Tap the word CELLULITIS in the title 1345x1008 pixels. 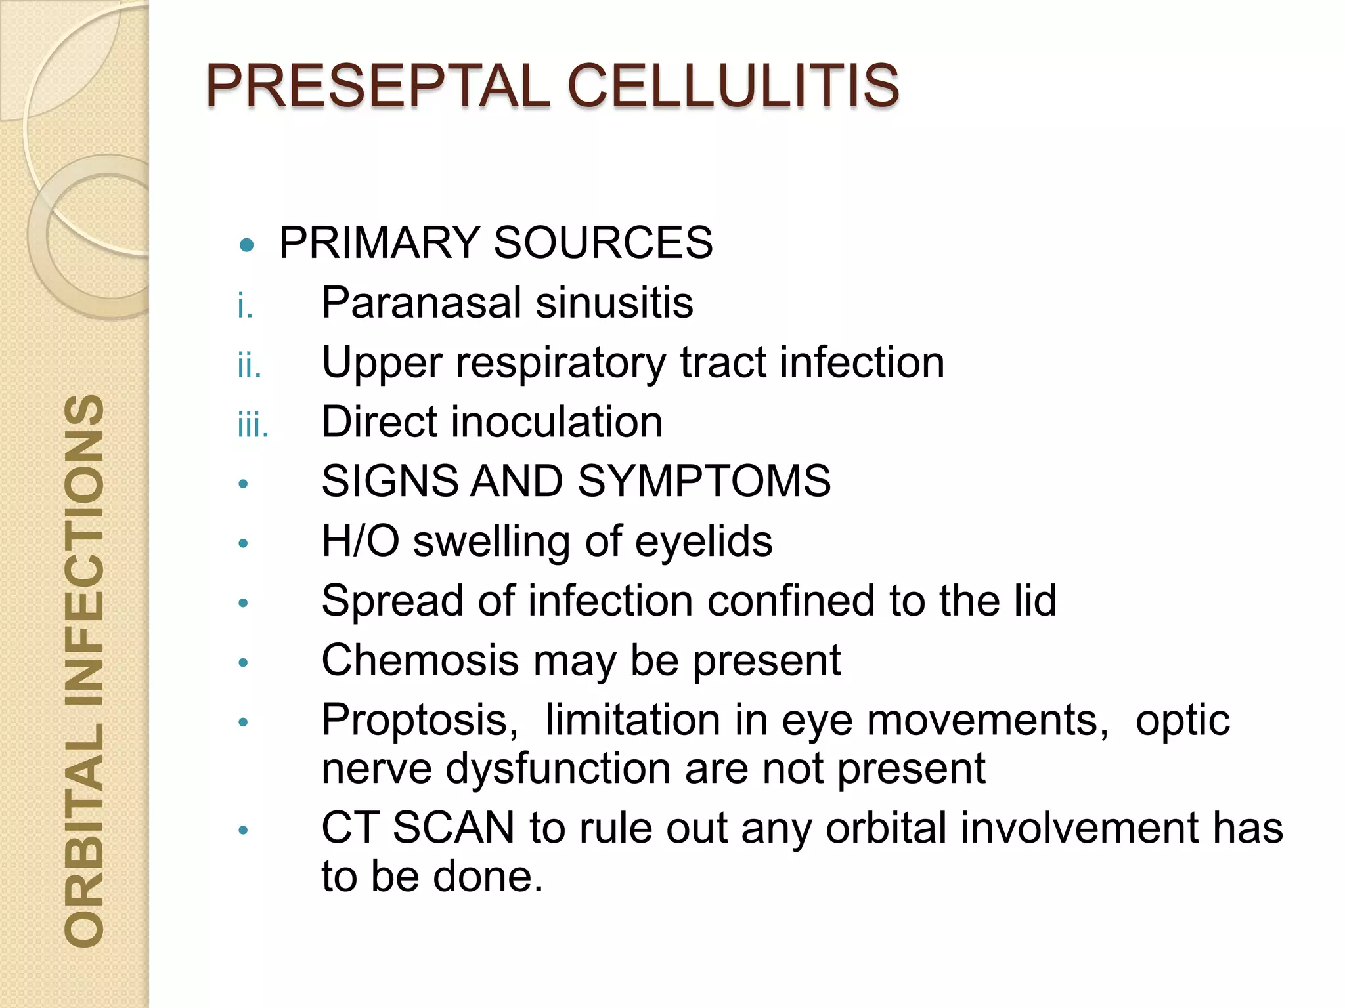click(733, 86)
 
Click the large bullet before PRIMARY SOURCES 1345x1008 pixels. click(247, 245)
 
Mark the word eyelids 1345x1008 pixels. click(703, 541)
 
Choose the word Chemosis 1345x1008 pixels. click(420, 660)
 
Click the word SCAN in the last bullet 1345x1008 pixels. click(453, 828)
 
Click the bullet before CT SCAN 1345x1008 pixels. click(244, 830)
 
